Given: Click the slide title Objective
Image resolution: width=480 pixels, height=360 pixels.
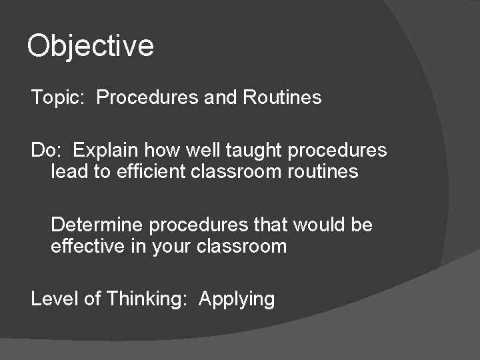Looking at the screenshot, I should click(90, 46).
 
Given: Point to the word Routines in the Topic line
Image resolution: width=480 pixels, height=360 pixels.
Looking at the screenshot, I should click(282, 98).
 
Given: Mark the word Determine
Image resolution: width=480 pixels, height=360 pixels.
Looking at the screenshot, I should click(97, 225).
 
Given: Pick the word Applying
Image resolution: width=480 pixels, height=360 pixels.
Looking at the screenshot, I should click(237, 299).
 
